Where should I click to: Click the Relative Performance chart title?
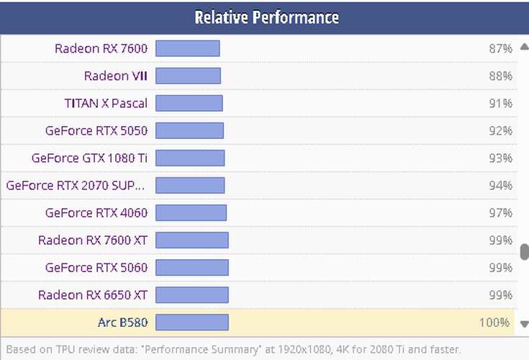266,17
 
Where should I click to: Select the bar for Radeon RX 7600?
187,48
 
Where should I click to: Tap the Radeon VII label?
115,76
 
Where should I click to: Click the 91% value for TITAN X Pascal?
500,103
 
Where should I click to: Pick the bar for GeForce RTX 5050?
189,130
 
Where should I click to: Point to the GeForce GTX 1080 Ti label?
89,158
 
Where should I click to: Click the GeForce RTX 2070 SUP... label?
76,185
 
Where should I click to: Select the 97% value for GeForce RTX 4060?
500,212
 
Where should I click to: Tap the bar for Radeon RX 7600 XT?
191,240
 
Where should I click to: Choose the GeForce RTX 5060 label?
96,267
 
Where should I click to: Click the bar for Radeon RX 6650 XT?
191,294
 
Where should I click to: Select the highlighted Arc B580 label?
122,322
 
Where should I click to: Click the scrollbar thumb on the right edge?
525,251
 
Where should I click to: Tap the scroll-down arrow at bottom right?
524,324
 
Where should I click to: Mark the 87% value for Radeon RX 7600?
500,48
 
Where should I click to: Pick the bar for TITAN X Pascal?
189,103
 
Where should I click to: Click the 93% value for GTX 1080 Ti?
500,158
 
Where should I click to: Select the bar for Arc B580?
191,322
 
